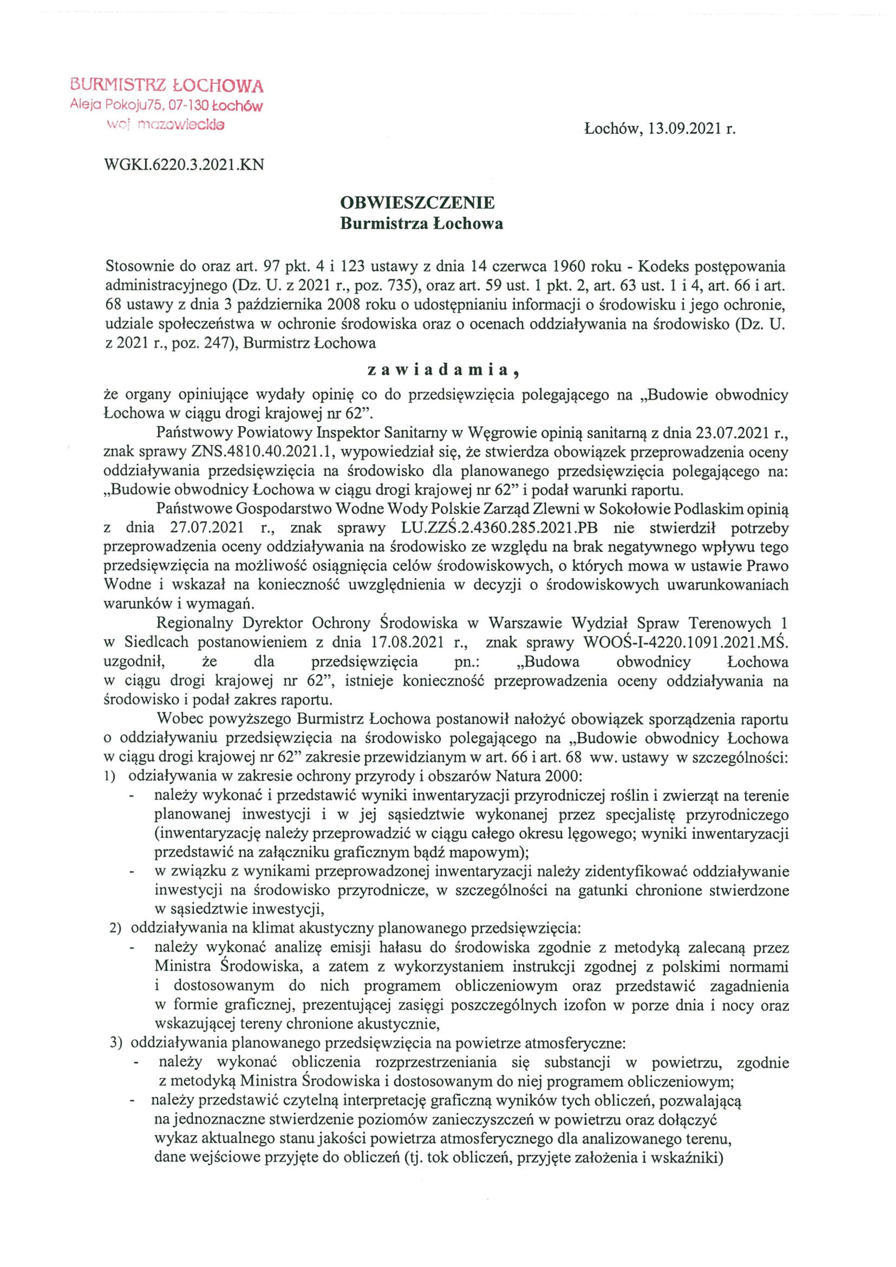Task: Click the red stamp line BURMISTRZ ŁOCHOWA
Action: [x=167, y=86]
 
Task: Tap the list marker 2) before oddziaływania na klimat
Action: [x=115, y=929]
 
